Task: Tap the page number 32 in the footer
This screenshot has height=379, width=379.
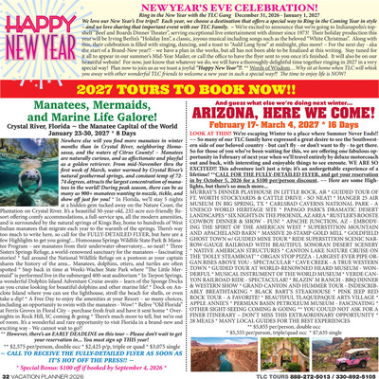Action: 8,372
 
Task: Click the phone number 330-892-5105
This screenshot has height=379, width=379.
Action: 347,372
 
